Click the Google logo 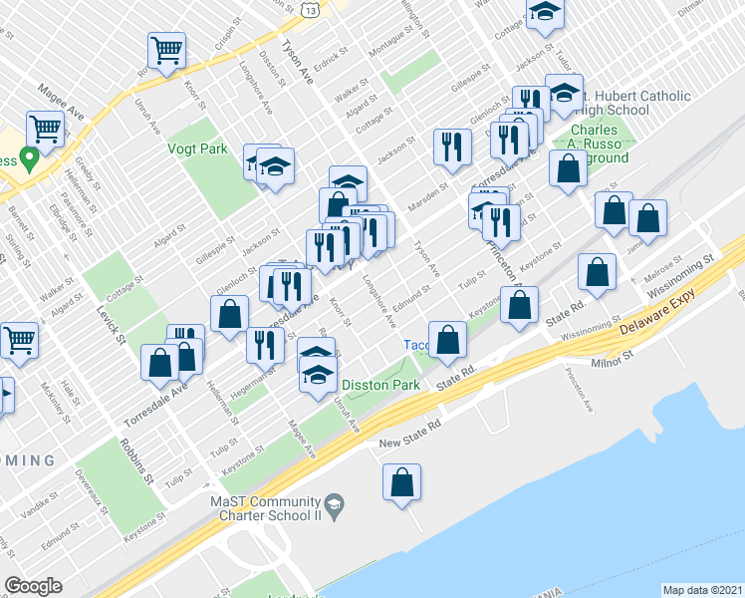coord(33,586)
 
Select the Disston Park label coord(378,385)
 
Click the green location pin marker coord(30,157)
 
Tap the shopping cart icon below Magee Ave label coord(45,128)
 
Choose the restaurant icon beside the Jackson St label coord(452,147)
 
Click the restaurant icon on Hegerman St coord(264,346)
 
